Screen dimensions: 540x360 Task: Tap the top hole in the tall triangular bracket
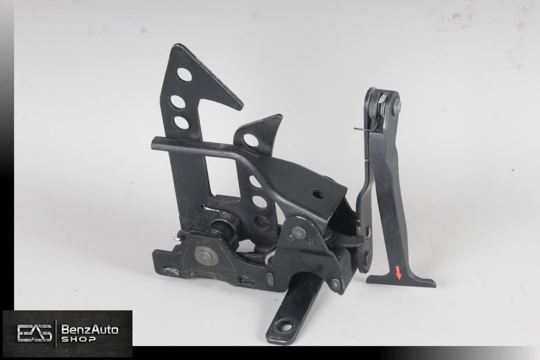[x=184, y=75]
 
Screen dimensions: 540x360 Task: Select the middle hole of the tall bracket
[x=178, y=103]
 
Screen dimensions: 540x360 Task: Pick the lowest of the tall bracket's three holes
[x=181, y=123]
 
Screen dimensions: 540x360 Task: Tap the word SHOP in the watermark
[x=78, y=339]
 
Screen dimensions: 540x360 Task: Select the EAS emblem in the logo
[x=34, y=333]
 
